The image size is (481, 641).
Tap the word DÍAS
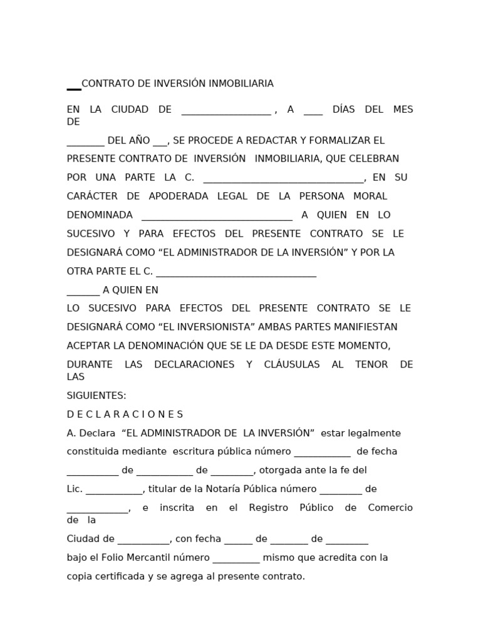click(x=343, y=110)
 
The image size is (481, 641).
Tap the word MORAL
click(x=370, y=197)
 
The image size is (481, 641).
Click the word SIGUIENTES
click(x=96, y=396)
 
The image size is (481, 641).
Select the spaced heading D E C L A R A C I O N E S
click(x=125, y=415)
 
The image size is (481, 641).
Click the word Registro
click(x=268, y=508)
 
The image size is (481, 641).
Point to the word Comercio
click(x=390, y=508)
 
